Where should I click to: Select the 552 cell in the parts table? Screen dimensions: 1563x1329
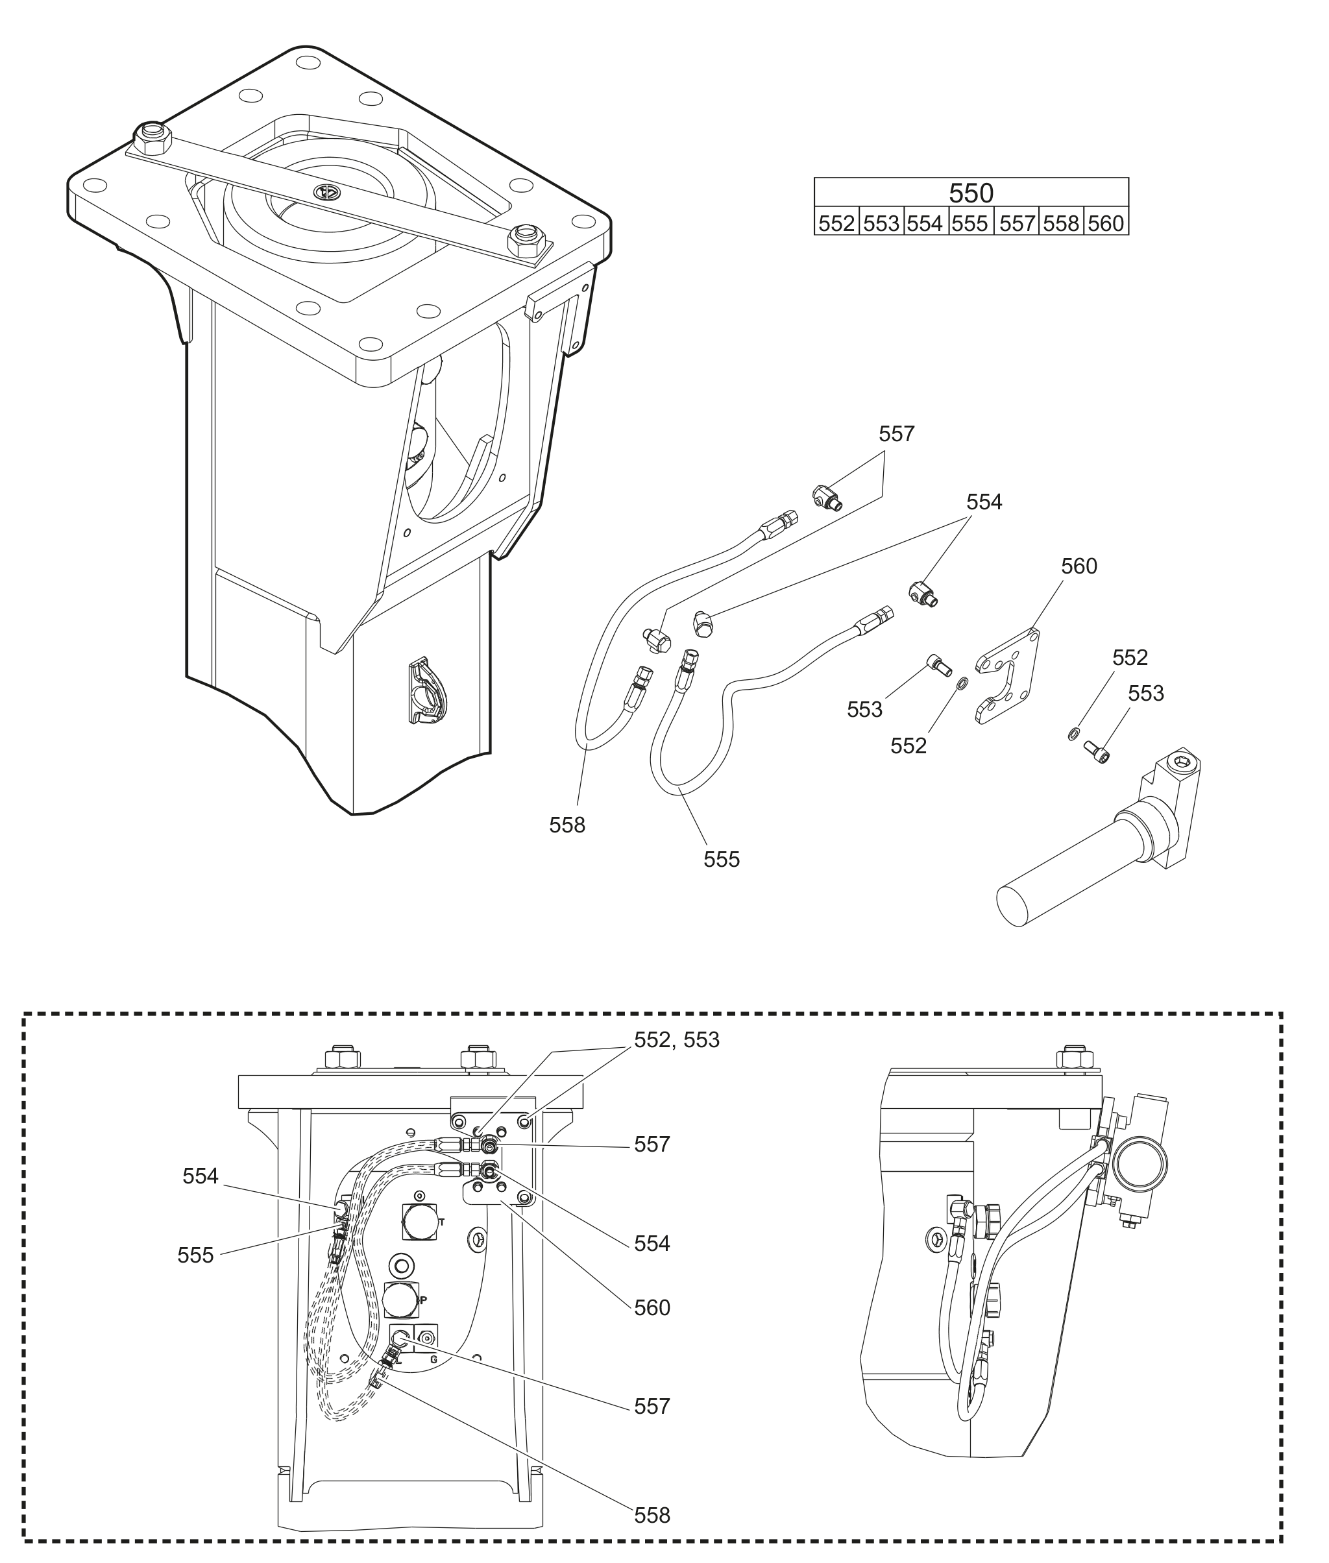click(x=836, y=223)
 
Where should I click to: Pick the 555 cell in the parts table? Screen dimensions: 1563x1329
click(x=969, y=223)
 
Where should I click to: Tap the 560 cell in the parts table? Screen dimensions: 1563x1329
click(x=1105, y=223)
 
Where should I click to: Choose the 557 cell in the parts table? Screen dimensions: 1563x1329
click(x=1016, y=223)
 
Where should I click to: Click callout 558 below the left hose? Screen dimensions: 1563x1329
click(x=567, y=825)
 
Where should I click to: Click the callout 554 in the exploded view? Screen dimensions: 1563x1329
click(x=983, y=502)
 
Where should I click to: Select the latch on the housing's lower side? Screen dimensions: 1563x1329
click(x=426, y=691)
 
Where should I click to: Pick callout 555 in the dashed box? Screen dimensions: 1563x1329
click(x=195, y=1255)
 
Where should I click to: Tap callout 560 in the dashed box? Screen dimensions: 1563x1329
click(x=652, y=1307)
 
